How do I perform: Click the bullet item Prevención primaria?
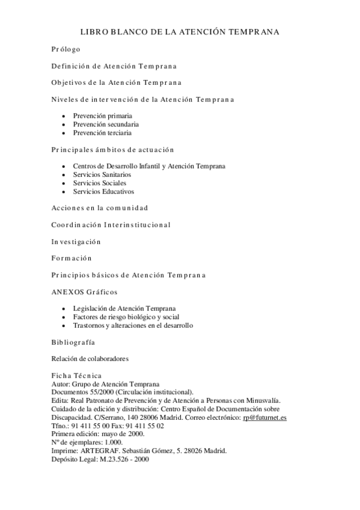[x=103, y=115]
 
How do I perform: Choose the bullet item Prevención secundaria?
[x=106, y=124]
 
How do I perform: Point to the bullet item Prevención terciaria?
[x=102, y=132]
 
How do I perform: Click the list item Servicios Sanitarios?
[x=102, y=174]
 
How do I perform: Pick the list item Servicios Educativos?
[x=103, y=191]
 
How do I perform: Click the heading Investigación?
[x=76, y=242]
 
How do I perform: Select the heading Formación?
[x=72, y=259]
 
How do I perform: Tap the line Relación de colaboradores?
[x=90, y=359]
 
